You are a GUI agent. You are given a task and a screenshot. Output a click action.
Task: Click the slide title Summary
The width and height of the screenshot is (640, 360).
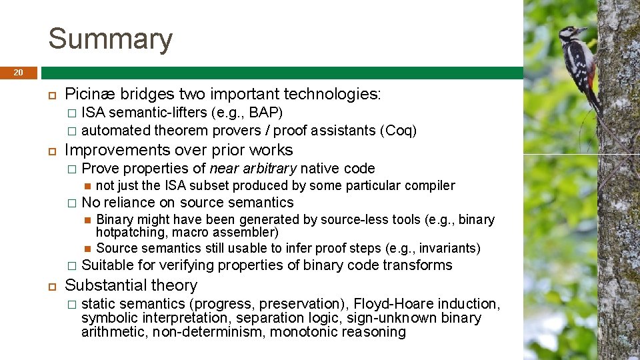tap(110, 39)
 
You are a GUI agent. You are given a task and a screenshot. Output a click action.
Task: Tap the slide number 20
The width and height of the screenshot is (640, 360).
tap(18, 72)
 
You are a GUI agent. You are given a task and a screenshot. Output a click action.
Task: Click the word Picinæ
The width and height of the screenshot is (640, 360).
tap(87, 94)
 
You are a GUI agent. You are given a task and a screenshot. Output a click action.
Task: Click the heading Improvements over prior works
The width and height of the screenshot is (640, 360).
tap(178, 150)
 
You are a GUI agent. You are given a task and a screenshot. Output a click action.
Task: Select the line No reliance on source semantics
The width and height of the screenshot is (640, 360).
tap(187, 203)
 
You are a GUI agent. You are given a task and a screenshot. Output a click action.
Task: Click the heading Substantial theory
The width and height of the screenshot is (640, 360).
tap(131, 285)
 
